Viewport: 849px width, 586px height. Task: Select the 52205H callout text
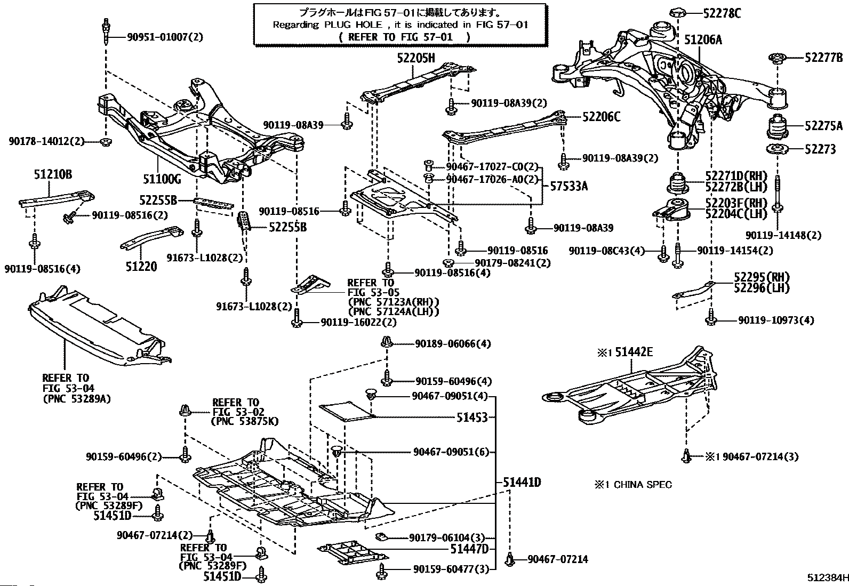(x=415, y=59)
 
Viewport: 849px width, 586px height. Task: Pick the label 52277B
(x=823, y=58)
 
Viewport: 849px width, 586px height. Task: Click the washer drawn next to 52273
(x=778, y=149)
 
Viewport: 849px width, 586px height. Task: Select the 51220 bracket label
(x=141, y=266)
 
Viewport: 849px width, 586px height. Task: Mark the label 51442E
(x=633, y=352)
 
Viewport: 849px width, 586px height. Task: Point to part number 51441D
(x=522, y=483)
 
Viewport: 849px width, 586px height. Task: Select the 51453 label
(x=472, y=418)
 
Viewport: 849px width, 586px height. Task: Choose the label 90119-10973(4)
(x=776, y=320)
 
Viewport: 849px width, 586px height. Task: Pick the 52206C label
(x=601, y=117)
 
